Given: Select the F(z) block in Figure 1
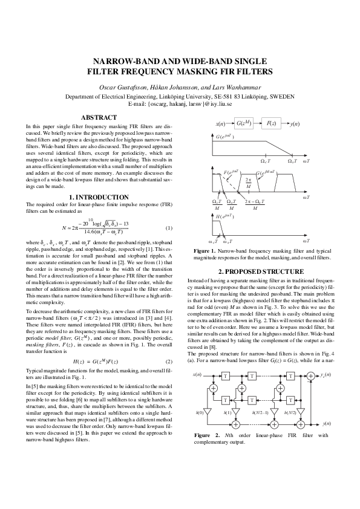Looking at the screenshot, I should (x=273, y=123).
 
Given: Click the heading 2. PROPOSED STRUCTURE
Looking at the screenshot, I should (x=261, y=271).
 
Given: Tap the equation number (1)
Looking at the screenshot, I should (x=169, y=228).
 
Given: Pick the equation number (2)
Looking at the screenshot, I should (x=169, y=362).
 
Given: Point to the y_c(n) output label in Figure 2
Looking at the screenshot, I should (x=326, y=375).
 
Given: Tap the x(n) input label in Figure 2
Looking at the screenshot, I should (x=197, y=375).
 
